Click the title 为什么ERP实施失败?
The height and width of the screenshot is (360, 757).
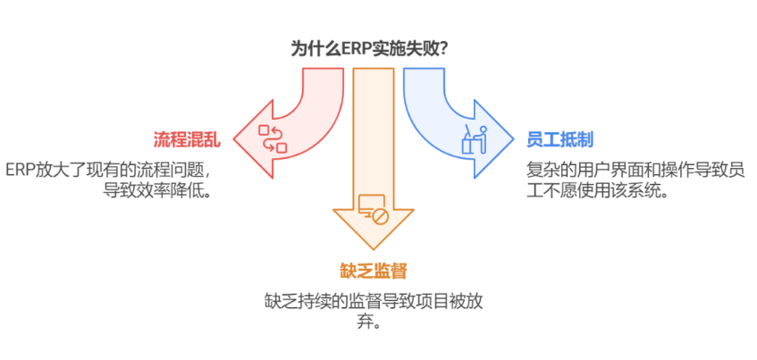tap(368, 50)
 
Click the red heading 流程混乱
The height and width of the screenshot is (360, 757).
tap(187, 140)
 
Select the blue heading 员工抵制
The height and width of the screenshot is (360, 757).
tap(559, 140)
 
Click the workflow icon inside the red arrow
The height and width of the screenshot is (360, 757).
tap(273, 138)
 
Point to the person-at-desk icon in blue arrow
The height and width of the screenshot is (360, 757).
tap(474, 139)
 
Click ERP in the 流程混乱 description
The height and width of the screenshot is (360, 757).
tap(20, 171)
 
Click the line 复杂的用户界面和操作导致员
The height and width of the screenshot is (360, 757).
tap(635, 170)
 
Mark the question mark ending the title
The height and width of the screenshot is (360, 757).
tap(441, 50)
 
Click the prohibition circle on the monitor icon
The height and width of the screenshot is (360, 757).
tap(381, 217)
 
